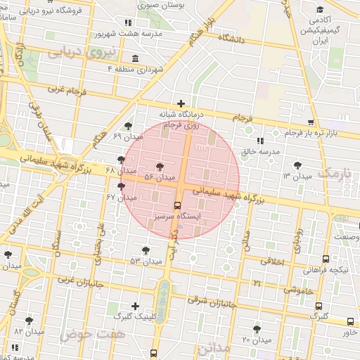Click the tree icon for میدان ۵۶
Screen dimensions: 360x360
point(160,167)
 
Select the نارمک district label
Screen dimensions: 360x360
point(333,173)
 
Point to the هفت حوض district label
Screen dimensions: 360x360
point(92,334)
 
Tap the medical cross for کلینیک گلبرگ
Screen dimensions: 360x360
point(136,306)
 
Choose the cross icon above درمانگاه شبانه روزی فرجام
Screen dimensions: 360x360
point(181,103)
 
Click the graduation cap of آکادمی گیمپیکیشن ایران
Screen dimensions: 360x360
point(321,10)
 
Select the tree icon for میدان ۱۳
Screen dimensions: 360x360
point(299,164)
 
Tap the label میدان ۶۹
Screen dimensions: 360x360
point(108,135)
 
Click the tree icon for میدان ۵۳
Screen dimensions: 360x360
point(146,250)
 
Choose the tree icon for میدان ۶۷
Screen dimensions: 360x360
point(122,186)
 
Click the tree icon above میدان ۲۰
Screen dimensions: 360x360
point(257,328)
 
